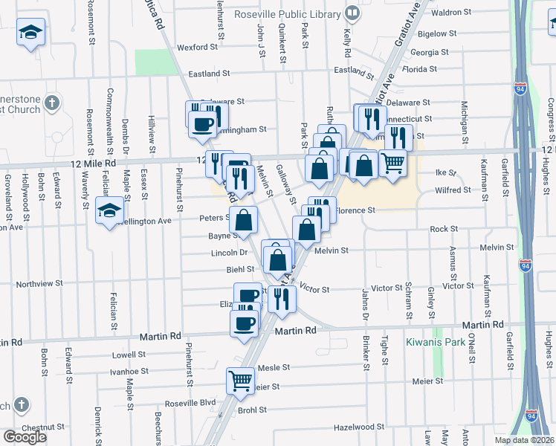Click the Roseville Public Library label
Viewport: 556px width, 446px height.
click(286, 13)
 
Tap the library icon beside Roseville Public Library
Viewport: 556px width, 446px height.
click(352, 13)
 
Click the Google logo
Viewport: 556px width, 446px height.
click(25, 437)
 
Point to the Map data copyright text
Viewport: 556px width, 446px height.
click(524, 440)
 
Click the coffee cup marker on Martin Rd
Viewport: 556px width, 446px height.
click(245, 323)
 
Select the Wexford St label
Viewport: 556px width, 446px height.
click(197, 47)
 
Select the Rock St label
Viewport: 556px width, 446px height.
click(443, 229)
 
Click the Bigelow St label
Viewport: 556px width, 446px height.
click(437, 33)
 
